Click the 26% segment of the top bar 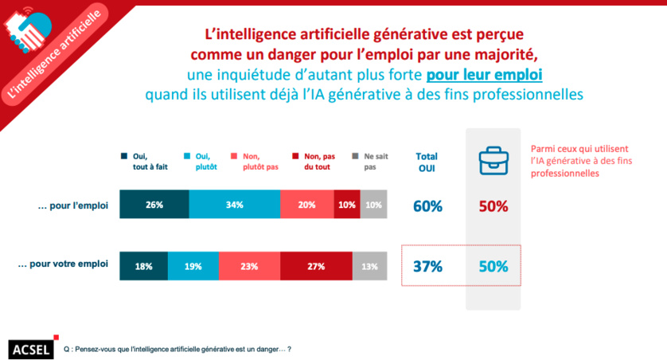coord(154,205)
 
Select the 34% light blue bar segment coord(234,205)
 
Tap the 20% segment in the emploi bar coord(306,205)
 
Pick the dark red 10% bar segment coord(346,205)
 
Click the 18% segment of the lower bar coord(143,266)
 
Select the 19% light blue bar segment coord(193,266)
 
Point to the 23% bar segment coord(249,266)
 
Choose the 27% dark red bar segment coord(315,266)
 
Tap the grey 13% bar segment coord(369,266)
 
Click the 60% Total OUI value coord(427,206)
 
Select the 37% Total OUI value coord(427,267)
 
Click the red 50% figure coord(493,206)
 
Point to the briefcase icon coord(493,161)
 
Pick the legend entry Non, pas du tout coord(318,162)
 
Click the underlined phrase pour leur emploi coord(484,76)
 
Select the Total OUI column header coord(427,162)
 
